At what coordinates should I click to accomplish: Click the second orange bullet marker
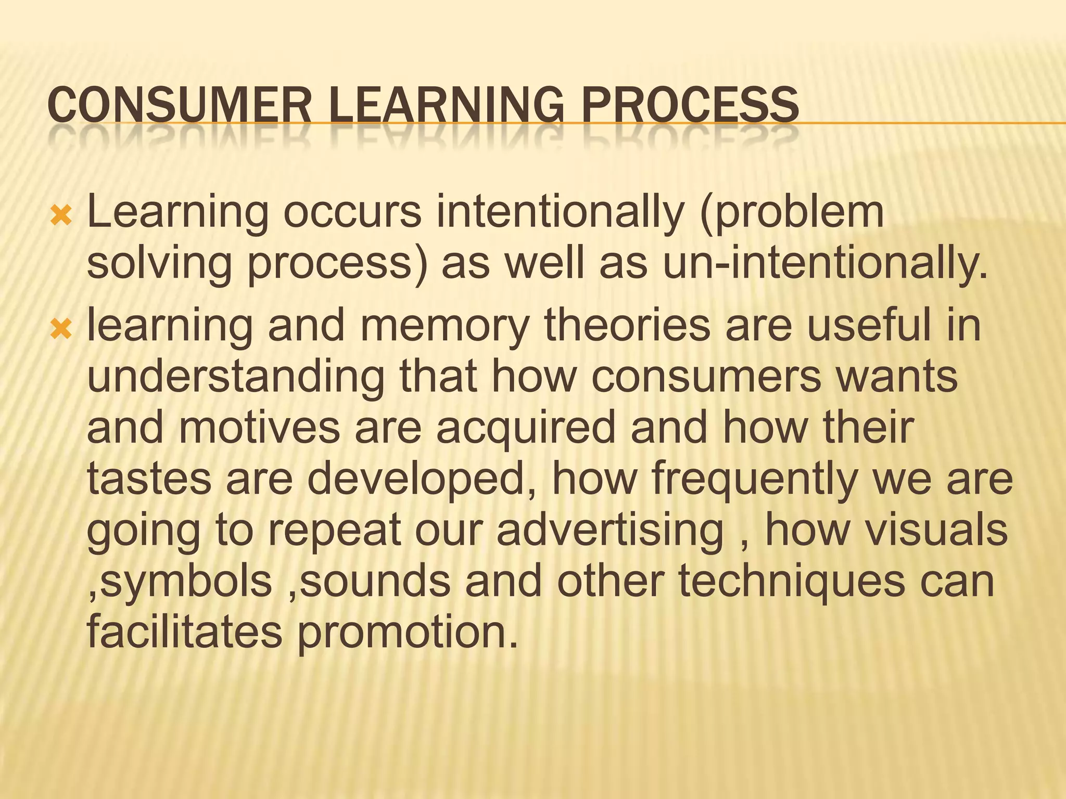point(61,329)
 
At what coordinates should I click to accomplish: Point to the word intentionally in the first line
point(560,213)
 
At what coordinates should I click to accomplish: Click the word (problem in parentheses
point(792,214)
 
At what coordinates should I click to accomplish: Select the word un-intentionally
point(824,263)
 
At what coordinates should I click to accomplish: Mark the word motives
point(259,428)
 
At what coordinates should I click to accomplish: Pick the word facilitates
point(184,632)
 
